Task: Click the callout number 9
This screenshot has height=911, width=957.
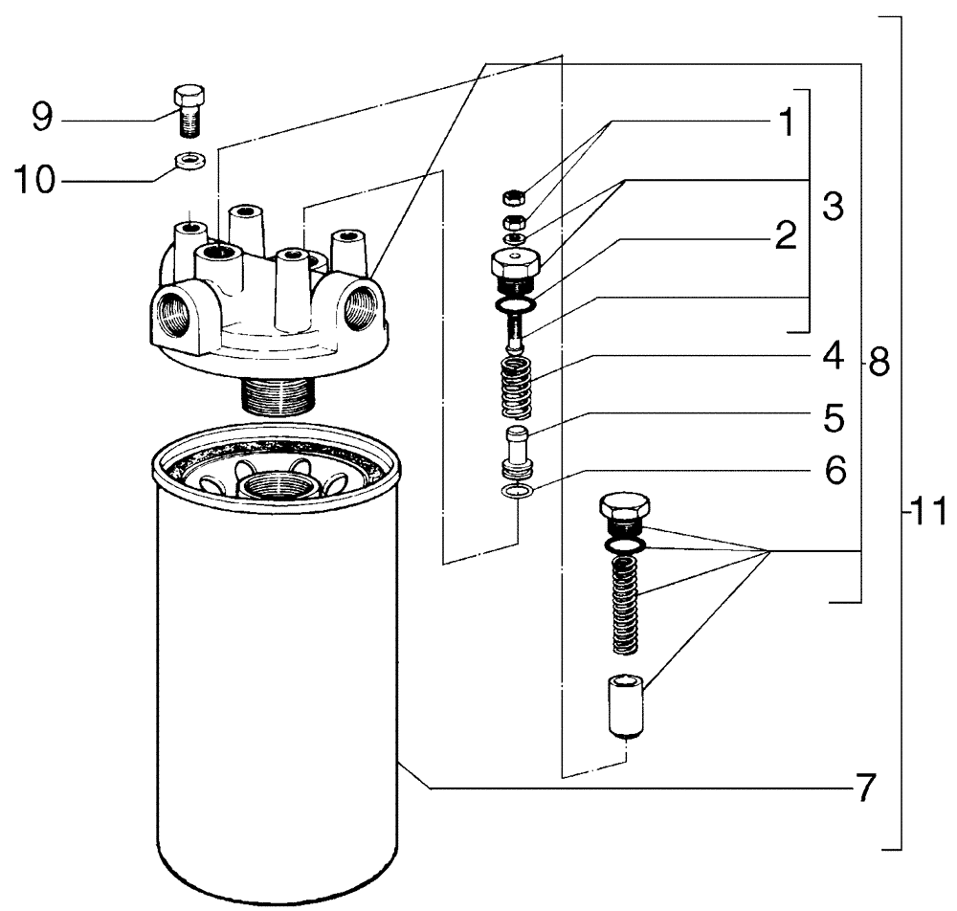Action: point(42,118)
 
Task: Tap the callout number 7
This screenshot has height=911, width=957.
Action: point(864,789)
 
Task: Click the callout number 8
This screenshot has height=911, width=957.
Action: point(878,362)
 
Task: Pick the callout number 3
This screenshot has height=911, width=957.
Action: point(832,207)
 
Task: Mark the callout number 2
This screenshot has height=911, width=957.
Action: point(786,236)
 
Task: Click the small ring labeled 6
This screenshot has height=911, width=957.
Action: point(517,492)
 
